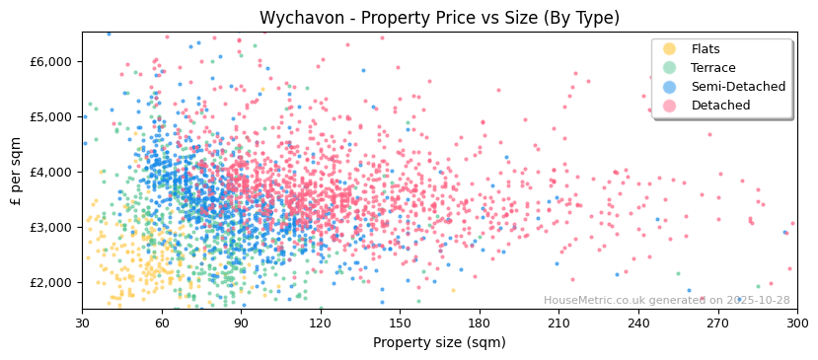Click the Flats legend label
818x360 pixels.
[706, 49]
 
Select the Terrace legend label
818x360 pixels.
[712, 68]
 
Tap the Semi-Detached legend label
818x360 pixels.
[738, 87]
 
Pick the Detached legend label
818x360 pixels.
[720, 106]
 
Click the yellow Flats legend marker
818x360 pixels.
[670, 49]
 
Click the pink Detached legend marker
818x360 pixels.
[670, 106]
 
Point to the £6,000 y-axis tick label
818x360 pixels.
[51, 61]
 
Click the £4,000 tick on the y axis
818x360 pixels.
[51, 172]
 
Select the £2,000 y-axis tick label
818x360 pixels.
[51, 282]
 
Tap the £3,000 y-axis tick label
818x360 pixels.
[51, 227]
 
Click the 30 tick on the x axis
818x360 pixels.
[82, 323]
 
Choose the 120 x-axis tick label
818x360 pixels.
[321, 323]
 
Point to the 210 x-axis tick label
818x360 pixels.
[558, 323]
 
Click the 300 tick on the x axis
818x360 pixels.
[796, 323]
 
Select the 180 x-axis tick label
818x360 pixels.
[480, 323]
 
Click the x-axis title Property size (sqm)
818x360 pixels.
[439, 343]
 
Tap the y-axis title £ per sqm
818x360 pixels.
[16, 171]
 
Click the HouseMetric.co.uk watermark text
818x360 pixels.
[666, 301]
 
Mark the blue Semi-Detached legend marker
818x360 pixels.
[670, 87]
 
